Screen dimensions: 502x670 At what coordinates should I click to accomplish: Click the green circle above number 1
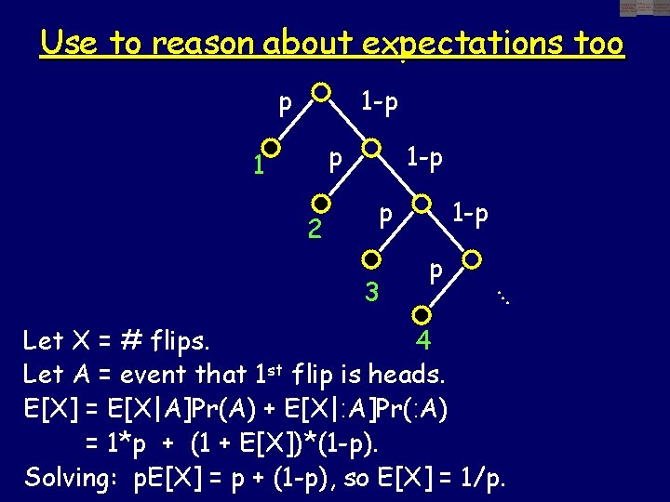271,147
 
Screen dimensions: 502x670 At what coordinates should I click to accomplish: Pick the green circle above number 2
321,203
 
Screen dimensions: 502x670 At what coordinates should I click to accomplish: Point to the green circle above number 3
371,258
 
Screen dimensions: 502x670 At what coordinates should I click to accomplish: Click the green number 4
423,341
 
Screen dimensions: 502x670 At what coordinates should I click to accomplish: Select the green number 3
372,292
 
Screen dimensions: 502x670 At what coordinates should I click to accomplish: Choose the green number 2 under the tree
315,229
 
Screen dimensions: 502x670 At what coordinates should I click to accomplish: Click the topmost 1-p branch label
380,101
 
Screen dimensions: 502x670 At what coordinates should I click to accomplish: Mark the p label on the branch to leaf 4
435,271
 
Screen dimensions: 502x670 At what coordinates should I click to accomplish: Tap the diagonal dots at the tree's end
504,297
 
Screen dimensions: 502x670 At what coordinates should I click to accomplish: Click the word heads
409,376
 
